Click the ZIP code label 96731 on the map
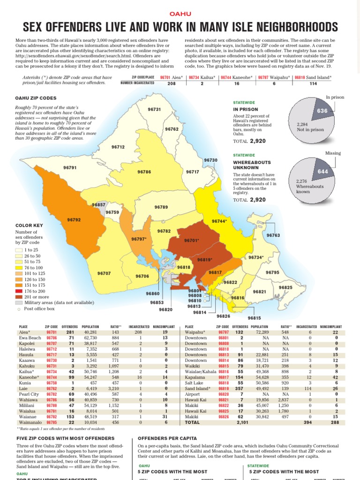coord(154,109)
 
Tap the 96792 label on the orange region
coord(74,219)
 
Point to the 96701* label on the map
coord(192,240)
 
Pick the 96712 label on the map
coord(118,147)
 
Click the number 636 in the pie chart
coord(322,111)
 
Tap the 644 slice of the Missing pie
coord(322,172)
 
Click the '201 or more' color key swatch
coord(19,297)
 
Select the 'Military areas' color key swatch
coord(19,303)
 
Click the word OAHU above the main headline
coord(180,15)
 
